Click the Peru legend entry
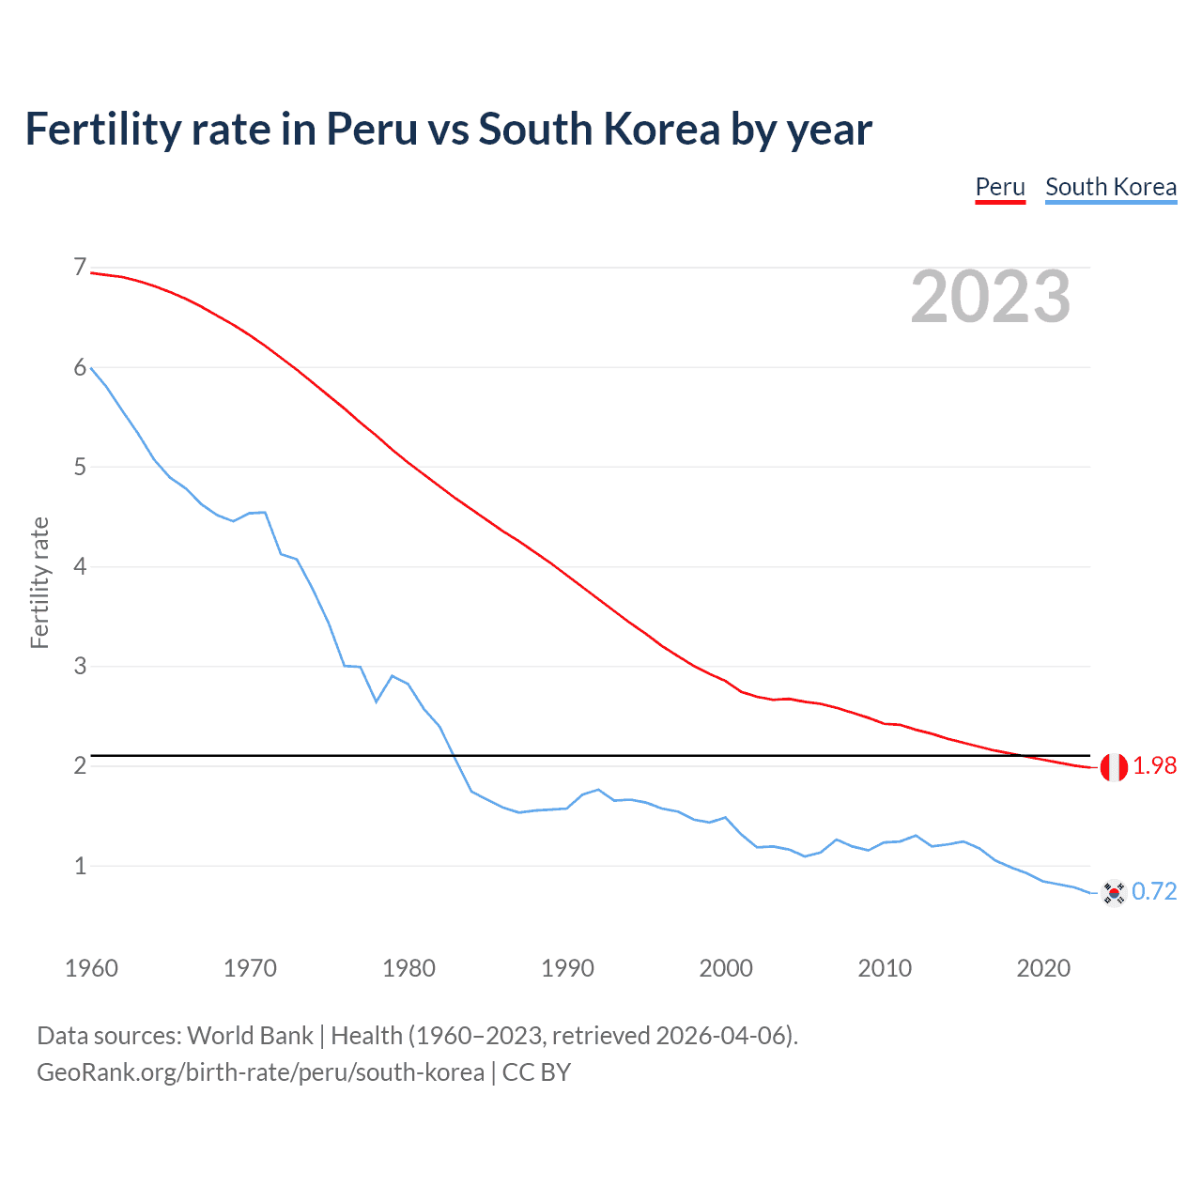pos(1000,187)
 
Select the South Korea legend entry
pos(1111,187)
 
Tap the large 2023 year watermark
pos(990,297)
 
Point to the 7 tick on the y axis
pos(80,268)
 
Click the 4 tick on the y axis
pos(80,566)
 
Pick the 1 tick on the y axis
pos(80,866)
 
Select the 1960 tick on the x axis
pos(91,968)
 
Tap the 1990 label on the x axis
pos(567,968)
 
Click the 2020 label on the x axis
pos(1043,968)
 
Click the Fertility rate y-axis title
pos(39,582)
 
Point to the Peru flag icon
pos(1114,767)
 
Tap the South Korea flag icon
pos(1114,892)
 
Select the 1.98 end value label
pos(1154,766)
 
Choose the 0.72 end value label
pos(1154,891)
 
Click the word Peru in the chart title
pos(371,130)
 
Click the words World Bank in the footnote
pos(250,1036)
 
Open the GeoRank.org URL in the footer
pos(260,1072)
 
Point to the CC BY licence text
pos(536,1072)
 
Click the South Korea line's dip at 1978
pos(377,701)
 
